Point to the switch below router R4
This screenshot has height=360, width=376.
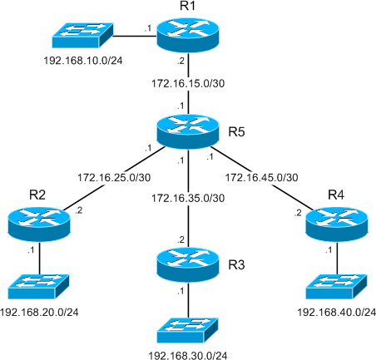click(337, 285)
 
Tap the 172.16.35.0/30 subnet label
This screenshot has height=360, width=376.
click(189, 198)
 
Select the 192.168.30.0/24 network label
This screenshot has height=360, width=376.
click(189, 355)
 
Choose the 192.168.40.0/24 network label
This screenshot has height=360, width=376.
click(337, 312)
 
